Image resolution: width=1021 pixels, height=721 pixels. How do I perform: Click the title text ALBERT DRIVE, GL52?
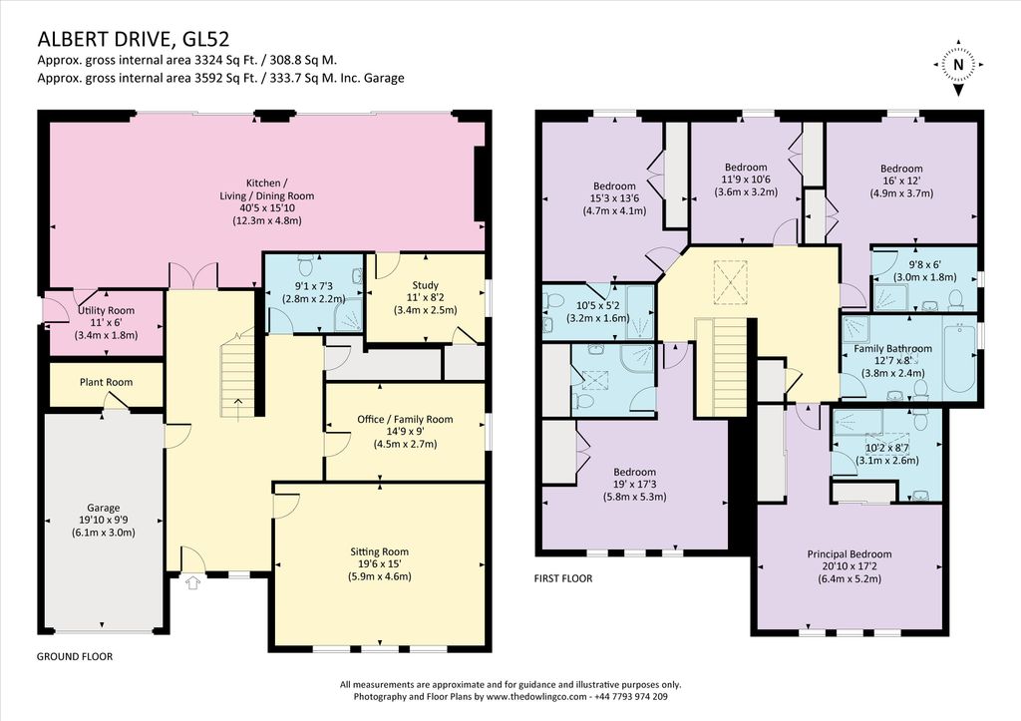point(134,39)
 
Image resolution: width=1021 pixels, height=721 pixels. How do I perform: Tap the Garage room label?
point(104,508)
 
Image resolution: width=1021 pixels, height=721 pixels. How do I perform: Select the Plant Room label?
point(106,382)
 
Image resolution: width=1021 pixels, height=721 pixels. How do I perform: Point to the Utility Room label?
point(106,311)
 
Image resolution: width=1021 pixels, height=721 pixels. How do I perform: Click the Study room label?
point(425,285)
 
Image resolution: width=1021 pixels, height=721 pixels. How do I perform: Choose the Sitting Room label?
point(380,551)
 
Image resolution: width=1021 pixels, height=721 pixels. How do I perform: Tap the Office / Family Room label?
point(405,420)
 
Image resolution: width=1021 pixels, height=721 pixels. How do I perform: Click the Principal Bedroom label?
point(850,554)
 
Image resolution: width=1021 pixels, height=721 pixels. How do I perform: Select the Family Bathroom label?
point(892,348)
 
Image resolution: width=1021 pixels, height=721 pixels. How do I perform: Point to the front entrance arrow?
point(192,582)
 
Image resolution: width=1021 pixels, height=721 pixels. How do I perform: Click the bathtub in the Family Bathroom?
point(958,358)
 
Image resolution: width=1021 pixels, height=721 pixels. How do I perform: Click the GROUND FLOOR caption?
point(74,656)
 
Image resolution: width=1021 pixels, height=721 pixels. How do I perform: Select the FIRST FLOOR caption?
point(563,578)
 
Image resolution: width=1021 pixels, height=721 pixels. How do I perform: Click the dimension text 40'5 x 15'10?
point(267,208)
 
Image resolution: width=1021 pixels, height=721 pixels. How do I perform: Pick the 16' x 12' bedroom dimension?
point(901,181)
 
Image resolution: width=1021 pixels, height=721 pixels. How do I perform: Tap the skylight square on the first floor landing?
point(730,283)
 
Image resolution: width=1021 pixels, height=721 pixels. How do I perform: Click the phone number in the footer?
point(630,696)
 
